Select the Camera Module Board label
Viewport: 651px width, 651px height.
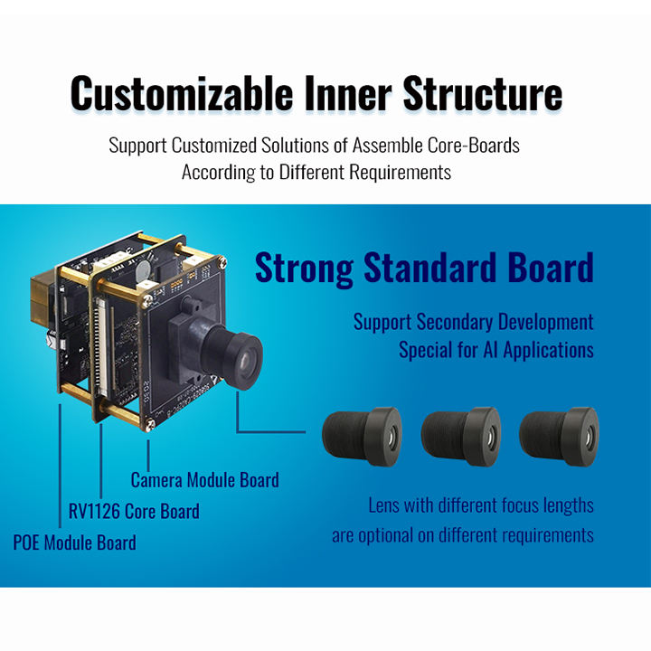coord(204,480)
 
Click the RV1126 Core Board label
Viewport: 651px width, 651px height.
coord(134,511)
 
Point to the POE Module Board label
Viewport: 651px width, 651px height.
coord(75,542)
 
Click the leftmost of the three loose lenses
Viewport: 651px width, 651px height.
coord(363,436)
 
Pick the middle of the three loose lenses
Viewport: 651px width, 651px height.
coord(460,436)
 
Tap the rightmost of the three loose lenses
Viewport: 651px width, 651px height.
coord(558,436)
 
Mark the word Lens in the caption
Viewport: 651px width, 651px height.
coord(384,505)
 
